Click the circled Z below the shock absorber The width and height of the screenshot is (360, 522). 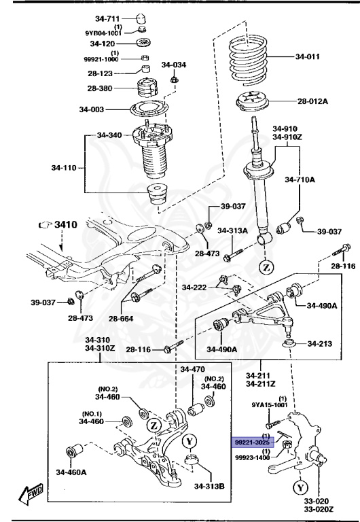[265, 266]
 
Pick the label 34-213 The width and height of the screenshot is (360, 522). [318, 344]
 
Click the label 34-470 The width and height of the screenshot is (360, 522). [192, 369]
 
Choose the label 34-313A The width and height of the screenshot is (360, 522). [232, 230]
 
